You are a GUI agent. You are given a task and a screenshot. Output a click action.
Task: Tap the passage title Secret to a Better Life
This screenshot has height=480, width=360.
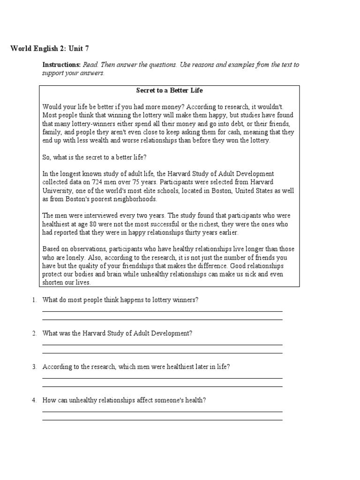[x=169, y=90]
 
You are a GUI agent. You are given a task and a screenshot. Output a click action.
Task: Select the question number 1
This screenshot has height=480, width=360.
[x=34, y=300]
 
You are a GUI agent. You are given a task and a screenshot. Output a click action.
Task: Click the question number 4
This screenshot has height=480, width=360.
[x=34, y=400]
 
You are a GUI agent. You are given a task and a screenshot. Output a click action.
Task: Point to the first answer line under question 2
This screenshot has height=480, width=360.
[x=162, y=345]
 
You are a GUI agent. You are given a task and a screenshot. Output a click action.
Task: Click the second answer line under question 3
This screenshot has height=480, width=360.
[x=162, y=387]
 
